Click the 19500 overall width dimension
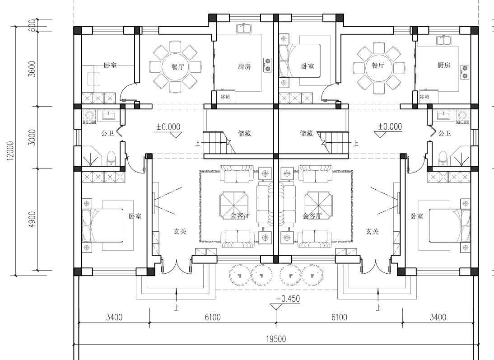coord(276,339)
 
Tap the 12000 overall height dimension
coord(10,151)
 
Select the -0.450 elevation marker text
coord(288,299)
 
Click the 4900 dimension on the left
coord(32,220)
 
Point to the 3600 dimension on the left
coord(32,69)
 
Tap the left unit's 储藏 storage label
coord(244,133)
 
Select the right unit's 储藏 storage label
coord(306,133)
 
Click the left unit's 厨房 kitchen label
coord(244,66)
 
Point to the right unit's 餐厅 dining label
coord(378,65)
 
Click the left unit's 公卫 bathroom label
coord(107,133)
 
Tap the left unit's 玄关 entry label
coord(180,232)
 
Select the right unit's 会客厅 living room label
coord(312,216)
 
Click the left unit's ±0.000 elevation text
coord(168,127)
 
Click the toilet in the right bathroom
coord(443,158)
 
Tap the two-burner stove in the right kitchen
coord(465,72)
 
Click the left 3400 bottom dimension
coord(114,317)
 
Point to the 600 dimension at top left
coord(32,25)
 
